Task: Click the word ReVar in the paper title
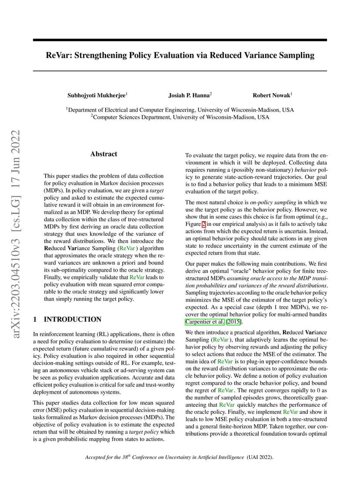57,55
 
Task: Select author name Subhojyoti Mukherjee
96,95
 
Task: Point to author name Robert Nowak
271,95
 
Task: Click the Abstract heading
103,154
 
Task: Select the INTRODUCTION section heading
73,319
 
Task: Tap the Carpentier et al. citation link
205,322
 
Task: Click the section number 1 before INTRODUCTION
35,319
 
